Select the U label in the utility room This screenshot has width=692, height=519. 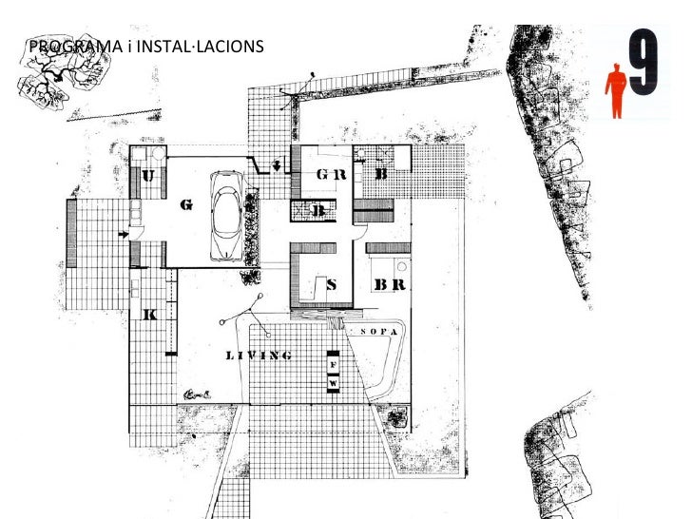tap(148, 175)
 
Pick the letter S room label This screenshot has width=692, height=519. tap(332, 283)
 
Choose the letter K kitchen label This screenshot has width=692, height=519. tap(148, 316)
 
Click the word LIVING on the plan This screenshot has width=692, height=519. tap(258, 356)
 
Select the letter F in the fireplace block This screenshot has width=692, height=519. tap(333, 365)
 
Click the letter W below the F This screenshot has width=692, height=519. tap(333, 382)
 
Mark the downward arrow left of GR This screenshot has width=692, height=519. tap(277, 167)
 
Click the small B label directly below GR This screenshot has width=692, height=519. tap(321, 210)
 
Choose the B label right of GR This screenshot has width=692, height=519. tap(380, 175)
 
